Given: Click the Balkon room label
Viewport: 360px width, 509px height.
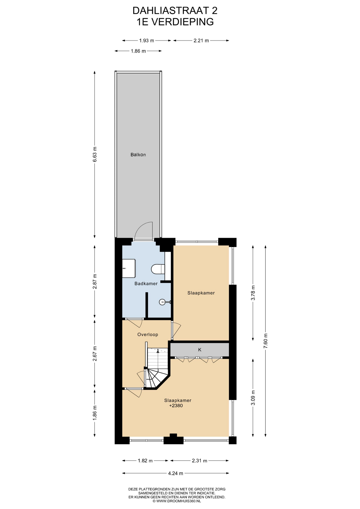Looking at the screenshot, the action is click(138, 155).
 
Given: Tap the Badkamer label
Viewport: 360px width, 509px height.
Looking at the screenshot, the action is click(146, 283).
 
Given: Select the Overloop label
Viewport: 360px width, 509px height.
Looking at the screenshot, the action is click(148, 335).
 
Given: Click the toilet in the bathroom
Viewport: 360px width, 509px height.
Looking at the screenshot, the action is click(158, 269).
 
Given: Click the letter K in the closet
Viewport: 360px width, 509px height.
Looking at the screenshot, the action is click(200, 350).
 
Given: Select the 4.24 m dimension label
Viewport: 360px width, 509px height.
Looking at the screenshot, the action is click(175, 473).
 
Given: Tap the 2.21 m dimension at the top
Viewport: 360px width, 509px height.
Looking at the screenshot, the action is click(201, 41).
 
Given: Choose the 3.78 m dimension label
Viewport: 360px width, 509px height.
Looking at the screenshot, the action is click(253, 293).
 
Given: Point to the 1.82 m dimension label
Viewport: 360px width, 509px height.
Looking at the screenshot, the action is click(145, 461).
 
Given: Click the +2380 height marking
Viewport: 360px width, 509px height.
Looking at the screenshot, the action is click(176, 406).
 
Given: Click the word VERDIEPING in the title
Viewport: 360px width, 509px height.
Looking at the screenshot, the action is click(183, 22).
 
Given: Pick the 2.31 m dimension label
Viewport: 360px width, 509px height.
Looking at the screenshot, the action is click(199, 461).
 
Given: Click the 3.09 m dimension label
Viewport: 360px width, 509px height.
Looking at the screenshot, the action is click(253, 398).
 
